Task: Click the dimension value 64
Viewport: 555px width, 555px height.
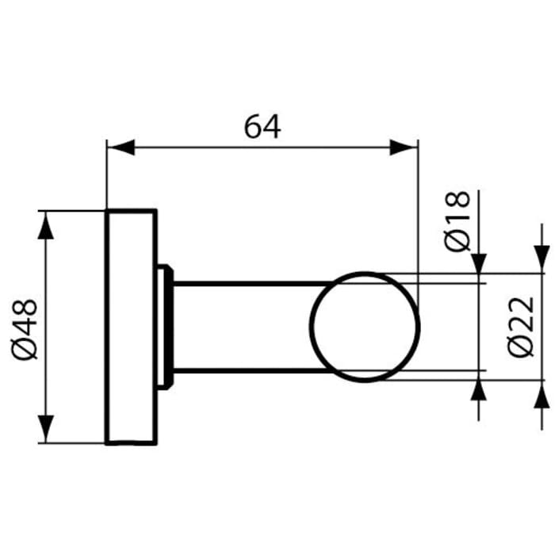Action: pos(262,127)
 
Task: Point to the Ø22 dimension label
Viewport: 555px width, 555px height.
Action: pos(524,326)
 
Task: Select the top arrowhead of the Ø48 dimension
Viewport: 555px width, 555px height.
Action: pos(48,225)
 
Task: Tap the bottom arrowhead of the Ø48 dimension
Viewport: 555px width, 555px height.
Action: pos(48,429)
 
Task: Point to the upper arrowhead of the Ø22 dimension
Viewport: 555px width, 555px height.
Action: pos(542,258)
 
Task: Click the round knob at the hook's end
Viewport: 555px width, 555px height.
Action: pos(365,326)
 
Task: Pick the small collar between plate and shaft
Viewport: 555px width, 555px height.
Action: pos(166,326)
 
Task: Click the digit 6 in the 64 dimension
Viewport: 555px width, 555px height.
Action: pos(251,127)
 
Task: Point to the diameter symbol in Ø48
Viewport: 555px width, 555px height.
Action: pos(25,348)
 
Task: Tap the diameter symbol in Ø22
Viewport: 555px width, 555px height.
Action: pos(524,346)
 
